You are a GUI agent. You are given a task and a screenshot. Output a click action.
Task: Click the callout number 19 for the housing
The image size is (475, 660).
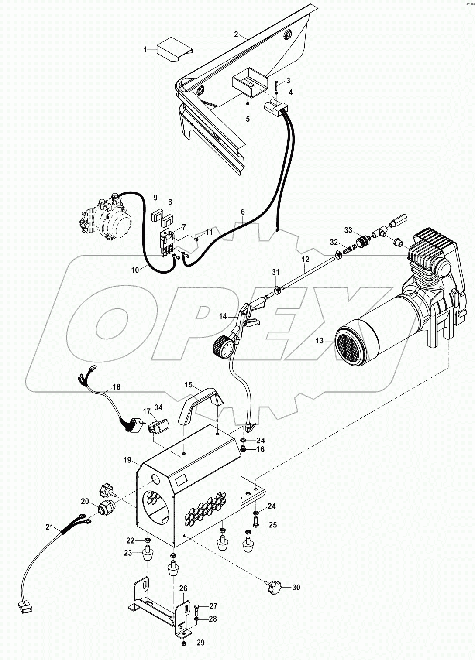pyautogui.click(x=127, y=459)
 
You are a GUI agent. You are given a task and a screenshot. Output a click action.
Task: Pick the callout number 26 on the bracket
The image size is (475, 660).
pyautogui.click(x=182, y=588)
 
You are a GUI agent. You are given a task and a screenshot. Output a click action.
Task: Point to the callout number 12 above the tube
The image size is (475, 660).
pyautogui.click(x=305, y=259)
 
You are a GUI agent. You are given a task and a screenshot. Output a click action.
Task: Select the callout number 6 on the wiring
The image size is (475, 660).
pyautogui.click(x=243, y=212)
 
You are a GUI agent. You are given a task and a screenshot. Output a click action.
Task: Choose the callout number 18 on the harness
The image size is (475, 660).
pyautogui.click(x=116, y=386)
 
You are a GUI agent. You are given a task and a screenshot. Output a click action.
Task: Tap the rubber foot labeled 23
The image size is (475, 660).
pyautogui.click(x=148, y=557)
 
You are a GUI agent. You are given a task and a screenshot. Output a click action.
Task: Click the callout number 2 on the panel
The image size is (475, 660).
pyautogui.click(x=236, y=34)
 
